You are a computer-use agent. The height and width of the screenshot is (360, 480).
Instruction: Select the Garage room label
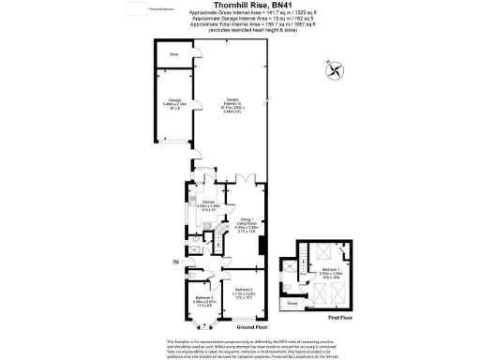(x=175, y=105)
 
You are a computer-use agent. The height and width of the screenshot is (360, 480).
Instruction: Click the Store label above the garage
(x=173, y=54)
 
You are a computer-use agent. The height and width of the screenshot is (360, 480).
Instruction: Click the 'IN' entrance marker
(x=174, y=262)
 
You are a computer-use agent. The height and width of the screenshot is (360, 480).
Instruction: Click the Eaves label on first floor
(x=294, y=302)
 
